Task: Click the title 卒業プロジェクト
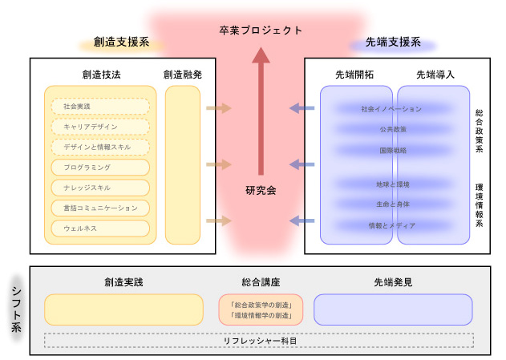[x=261, y=30]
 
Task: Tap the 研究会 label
[x=261, y=190]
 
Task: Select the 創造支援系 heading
[x=121, y=42]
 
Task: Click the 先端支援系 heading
[x=388, y=42]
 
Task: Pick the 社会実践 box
[x=100, y=106]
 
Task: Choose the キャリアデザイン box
[x=100, y=127]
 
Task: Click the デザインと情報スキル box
[x=100, y=147]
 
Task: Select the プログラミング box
[x=100, y=168]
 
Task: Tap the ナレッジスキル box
[x=100, y=188]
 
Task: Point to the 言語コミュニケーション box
[x=100, y=208]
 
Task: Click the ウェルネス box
[x=100, y=229]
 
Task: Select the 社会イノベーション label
[x=392, y=108]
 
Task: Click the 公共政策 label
[x=392, y=129]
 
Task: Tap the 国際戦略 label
[x=392, y=150]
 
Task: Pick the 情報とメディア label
[x=392, y=225]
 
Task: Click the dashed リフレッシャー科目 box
[x=258, y=341]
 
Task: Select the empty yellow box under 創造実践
[x=123, y=309]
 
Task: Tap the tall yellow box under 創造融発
[x=183, y=164]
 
